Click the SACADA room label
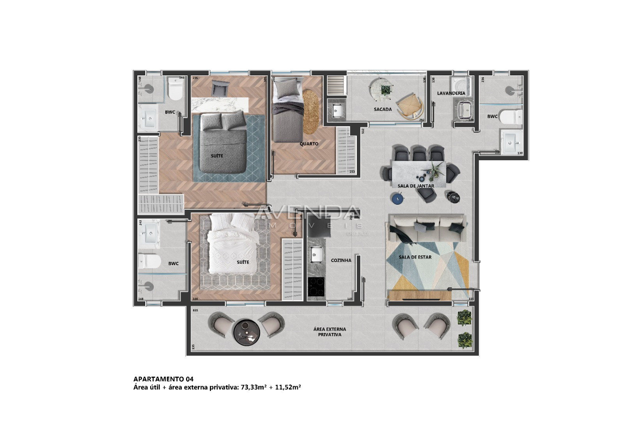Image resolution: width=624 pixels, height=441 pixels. pos(383,109)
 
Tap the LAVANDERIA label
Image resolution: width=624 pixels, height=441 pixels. pos(451,93)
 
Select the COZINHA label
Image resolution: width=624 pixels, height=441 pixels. pos(341,260)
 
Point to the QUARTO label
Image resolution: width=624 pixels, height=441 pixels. pos(309,144)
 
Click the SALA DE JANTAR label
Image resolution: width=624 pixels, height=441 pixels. pos(416,186)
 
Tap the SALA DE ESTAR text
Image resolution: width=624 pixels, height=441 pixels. pos(415,257)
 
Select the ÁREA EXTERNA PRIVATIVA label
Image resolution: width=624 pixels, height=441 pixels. pos(330,332)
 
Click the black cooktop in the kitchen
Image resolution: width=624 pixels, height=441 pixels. pos(316,287)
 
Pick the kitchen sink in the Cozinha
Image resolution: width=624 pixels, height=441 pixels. pos(316,255)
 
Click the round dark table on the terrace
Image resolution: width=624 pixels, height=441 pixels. pos(246,332)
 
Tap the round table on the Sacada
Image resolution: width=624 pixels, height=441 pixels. pos(381,90)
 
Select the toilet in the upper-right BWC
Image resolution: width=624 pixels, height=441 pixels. pos(511,116)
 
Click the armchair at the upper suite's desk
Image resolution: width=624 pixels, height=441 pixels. pos(220,89)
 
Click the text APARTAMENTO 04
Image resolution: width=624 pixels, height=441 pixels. pos(163,379)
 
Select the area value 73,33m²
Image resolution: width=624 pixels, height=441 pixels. pos(253,388)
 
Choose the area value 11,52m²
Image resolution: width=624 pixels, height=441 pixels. pos(288,388)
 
